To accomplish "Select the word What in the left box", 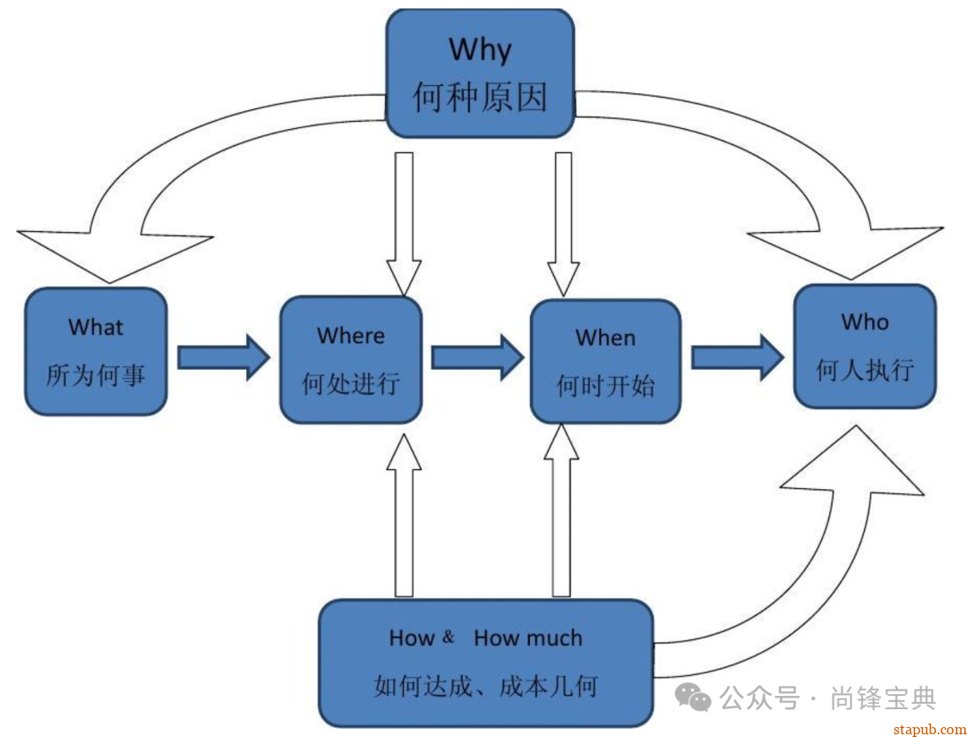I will (x=96, y=327).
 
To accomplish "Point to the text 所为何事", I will (x=96, y=375).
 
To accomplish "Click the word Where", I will (x=350, y=336).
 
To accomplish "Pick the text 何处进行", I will (x=350, y=384).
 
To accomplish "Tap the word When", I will (x=605, y=338).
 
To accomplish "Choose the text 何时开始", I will (x=605, y=386).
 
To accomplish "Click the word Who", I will (x=864, y=321).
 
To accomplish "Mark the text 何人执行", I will (x=864, y=370).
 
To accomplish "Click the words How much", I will (x=527, y=638).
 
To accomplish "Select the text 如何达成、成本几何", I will (x=485, y=687).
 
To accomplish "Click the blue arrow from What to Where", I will (x=223, y=357).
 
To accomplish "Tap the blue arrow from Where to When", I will (x=476, y=357).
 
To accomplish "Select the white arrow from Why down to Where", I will (x=404, y=224).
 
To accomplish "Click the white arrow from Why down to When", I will (x=563, y=224).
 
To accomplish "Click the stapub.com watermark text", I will (x=929, y=729).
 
